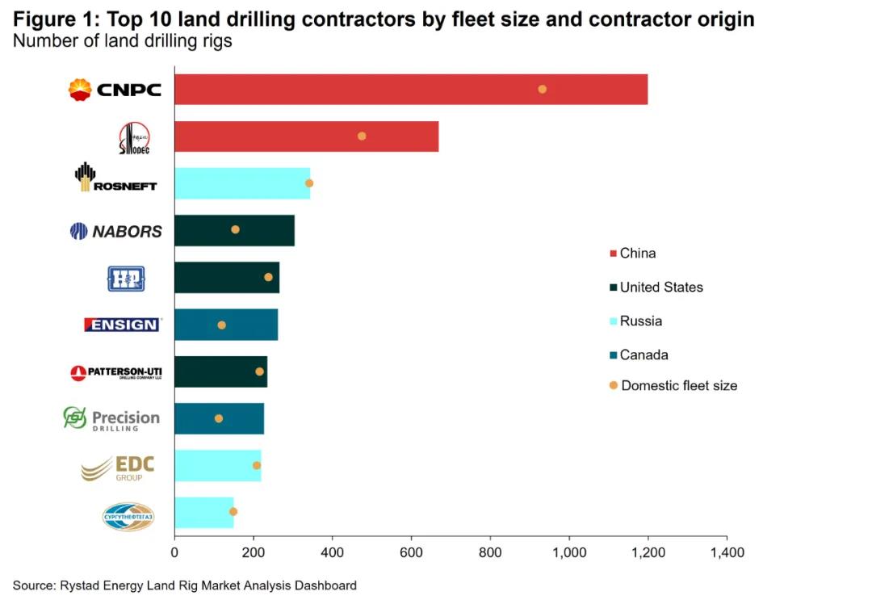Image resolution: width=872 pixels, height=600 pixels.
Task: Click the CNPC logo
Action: pyautogui.click(x=115, y=90)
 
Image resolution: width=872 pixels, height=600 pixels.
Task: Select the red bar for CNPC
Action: pyautogui.click(x=410, y=90)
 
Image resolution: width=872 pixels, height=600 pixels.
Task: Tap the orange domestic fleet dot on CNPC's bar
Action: pyautogui.click(x=543, y=89)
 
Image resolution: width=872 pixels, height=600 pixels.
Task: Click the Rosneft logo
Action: pyautogui.click(x=116, y=178)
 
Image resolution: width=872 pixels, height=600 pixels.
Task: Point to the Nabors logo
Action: pyautogui.click(x=116, y=232)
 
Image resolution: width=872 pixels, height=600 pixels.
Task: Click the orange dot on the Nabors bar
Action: pyautogui.click(x=235, y=229)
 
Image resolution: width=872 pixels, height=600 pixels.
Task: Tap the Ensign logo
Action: pyautogui.click(x=122, y=325)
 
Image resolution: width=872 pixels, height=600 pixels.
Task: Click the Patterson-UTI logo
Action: pyautogui.click(x=116, y=372)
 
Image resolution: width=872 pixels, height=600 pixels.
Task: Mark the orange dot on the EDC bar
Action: pyautogui.click(x=257, y=465)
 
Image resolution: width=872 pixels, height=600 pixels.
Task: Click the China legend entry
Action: pyautogui.click(x=637, y=254)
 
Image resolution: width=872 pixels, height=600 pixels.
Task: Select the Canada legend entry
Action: pyautogui.click(x=644, y=355)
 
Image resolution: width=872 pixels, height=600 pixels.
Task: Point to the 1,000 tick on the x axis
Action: pyautogui.click(x=569, y=553)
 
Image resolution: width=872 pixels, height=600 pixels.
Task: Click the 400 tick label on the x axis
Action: pyautogui.click(x=332, y=553)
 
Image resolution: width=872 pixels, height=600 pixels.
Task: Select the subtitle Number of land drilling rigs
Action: pyautogui.click(x=123, y=41)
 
